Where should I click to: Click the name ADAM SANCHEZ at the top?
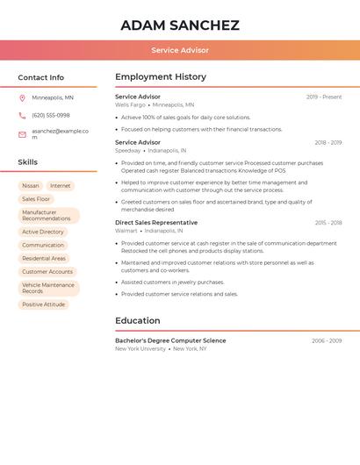tap(179, 25)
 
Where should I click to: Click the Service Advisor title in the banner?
tap(179, 50)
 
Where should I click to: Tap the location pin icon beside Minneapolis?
tap(22, 98)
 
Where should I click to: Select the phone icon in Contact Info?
tap(22, 116)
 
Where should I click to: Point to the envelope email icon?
tap(22, 134)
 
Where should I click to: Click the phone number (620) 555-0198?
tap(51, 116)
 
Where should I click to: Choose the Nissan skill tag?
tap(31, 186)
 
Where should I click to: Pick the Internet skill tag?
tap(61, 186)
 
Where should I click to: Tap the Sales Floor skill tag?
tap(36, 199)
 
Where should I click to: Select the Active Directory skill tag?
tap(43, 232)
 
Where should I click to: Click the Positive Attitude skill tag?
tap(44, 304)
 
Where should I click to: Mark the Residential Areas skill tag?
tap(44, 259)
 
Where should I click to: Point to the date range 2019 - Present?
tap(324, 97)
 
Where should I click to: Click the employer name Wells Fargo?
tap(130, 105)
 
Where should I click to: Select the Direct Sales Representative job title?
tap(156, 223)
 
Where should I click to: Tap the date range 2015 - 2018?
tap(328, 223)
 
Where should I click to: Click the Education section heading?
tap(138, 320)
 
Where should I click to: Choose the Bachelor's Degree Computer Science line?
tap(170, 340)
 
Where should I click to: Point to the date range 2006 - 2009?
tap(327, 340)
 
